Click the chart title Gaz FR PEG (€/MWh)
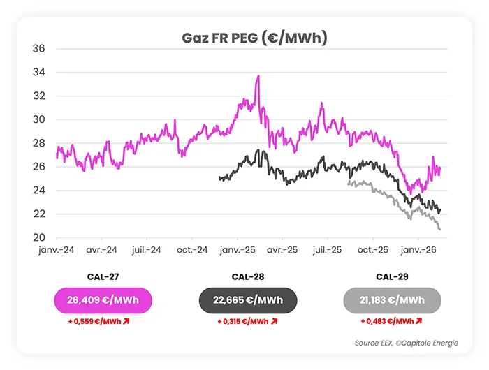244,38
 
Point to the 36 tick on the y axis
39,49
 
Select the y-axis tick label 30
39,120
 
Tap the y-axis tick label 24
39,191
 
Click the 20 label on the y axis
39,237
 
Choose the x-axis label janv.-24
57,249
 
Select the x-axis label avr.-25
282,249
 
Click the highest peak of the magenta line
258,76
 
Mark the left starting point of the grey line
348,182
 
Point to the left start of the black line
219,179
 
